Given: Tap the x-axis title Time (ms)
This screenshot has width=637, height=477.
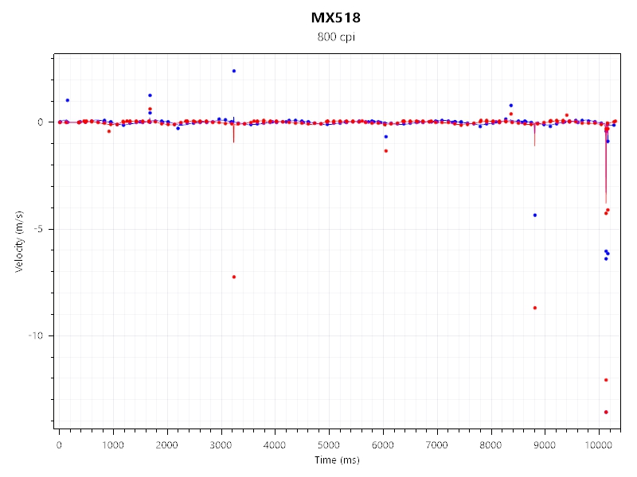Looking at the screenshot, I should point(335,460).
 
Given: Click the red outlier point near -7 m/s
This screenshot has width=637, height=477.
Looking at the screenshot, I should point(233,277).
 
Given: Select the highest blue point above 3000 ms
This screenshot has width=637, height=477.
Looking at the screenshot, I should point(233,71).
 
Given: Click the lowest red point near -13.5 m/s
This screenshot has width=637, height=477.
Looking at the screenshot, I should point(606,412).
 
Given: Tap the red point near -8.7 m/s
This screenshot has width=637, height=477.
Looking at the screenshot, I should point(534,308).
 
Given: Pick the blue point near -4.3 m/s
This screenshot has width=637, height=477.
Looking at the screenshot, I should point(534,215).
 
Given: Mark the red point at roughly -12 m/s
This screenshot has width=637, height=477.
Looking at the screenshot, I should point(606,380).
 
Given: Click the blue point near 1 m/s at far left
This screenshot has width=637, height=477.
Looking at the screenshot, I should point(67,100).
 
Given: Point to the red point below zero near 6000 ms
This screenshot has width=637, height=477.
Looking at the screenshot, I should point(385,151).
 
